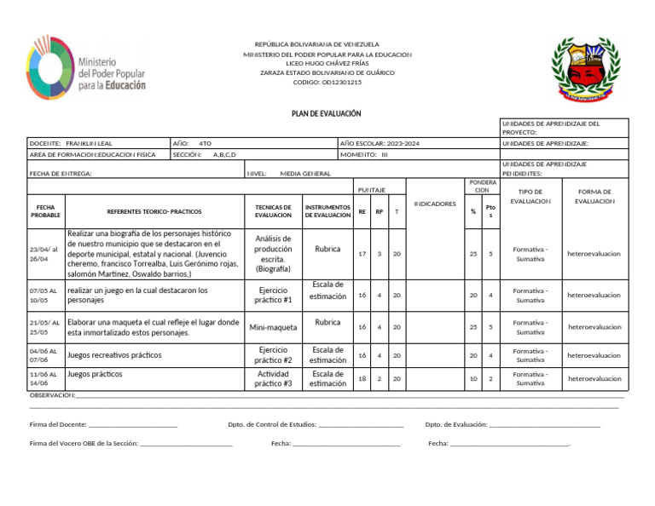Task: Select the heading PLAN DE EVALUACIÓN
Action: pos(327,113)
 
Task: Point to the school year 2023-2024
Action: pos(403,144)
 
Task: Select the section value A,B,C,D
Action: pos(224,155)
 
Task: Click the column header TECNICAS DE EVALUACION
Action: pos(273,210)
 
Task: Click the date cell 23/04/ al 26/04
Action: pos(43,253)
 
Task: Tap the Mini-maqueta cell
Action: pos(273,327)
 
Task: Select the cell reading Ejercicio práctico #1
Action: pos(273,295)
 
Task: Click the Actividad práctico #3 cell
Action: pos(273,378)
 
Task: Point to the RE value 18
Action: pos(362,378)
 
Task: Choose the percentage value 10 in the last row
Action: pos(473,378)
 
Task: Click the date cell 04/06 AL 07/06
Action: pos(43,355)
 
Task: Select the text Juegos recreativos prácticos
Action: pos(114,354)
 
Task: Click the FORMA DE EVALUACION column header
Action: pos(594,197)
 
